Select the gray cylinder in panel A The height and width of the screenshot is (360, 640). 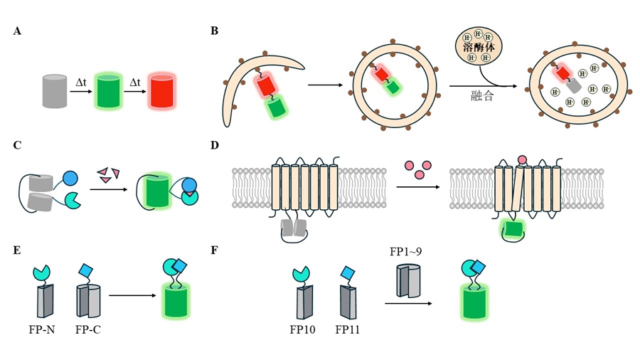(x=55, y=91)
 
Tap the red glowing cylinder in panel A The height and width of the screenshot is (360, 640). (x=161, y=91)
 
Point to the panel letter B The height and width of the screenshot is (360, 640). (x=214, y=32)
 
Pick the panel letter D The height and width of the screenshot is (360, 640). (x=214, y=146)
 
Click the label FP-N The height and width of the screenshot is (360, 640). (x=44, y=329)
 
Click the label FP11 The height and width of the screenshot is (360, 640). (x=349, y=329)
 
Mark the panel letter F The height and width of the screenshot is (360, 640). (x=214, y=250)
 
